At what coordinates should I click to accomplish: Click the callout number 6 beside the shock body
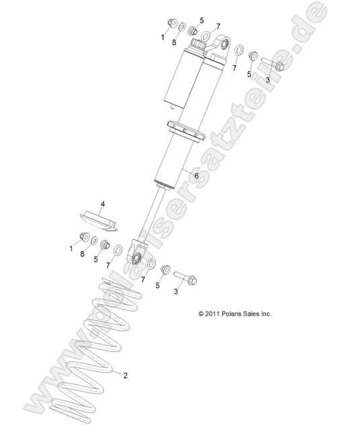click(x=196, y=176)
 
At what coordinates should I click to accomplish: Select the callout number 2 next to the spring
click(x=125, y=375)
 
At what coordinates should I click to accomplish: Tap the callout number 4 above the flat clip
click(x=103, y=205)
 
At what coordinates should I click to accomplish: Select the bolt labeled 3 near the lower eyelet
click(x=186, y=277)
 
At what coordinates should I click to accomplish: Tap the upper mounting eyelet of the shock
click(x=222, y=44)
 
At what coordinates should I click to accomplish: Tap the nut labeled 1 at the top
click(x=172, y=23)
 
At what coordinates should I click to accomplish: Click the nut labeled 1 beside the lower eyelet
click(x=84, y=237)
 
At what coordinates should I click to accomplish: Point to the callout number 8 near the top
click(x=174, y=42)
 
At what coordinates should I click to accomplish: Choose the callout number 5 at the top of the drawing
click(x=202, y=20)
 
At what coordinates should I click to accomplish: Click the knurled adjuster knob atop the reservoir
click(x=198, y=44)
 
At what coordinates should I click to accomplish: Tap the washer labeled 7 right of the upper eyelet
click(x=239, y=50)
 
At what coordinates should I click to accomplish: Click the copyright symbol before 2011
click(x=201, y=314)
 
